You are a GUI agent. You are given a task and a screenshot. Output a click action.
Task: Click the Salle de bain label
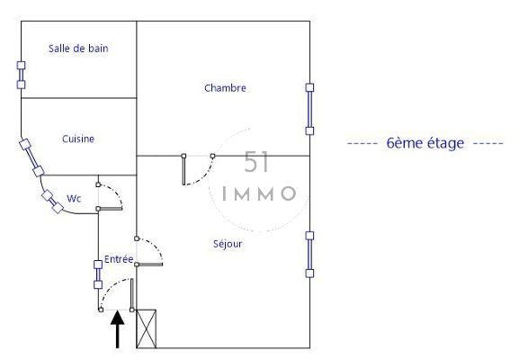pyautogui.click(x=78, y=49)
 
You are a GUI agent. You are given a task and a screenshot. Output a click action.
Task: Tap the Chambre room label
pyautogui.click(x=225, y=88)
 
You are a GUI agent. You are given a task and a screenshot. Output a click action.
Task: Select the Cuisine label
pyautogui.click(x=78, y=139)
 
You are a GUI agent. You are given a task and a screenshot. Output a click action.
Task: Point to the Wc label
pyautogui.click(x=74, y=198)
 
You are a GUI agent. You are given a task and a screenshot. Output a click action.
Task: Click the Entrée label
pyautogui.click(x=119, y=259)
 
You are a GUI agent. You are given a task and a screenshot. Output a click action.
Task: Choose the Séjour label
pyautogui.click(x=228, y=243)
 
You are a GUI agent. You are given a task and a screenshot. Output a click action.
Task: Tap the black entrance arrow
pyautogui.click(x=117, y=328)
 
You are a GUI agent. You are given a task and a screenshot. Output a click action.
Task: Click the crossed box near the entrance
pyautogui.click(x=146, y=328)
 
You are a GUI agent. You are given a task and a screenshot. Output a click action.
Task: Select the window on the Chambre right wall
pyautogui.click(x=310, y=109)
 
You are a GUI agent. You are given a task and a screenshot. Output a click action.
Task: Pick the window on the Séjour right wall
pyautogui.click(x=310, y=254)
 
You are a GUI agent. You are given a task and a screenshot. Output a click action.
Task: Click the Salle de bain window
pyautogui.click(x=21, y=75)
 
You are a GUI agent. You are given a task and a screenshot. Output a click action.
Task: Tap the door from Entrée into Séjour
pyautogui.click(x=149, y=251)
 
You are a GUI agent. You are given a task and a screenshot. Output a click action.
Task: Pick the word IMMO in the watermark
pyautogui.click(x=258, y=193)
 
